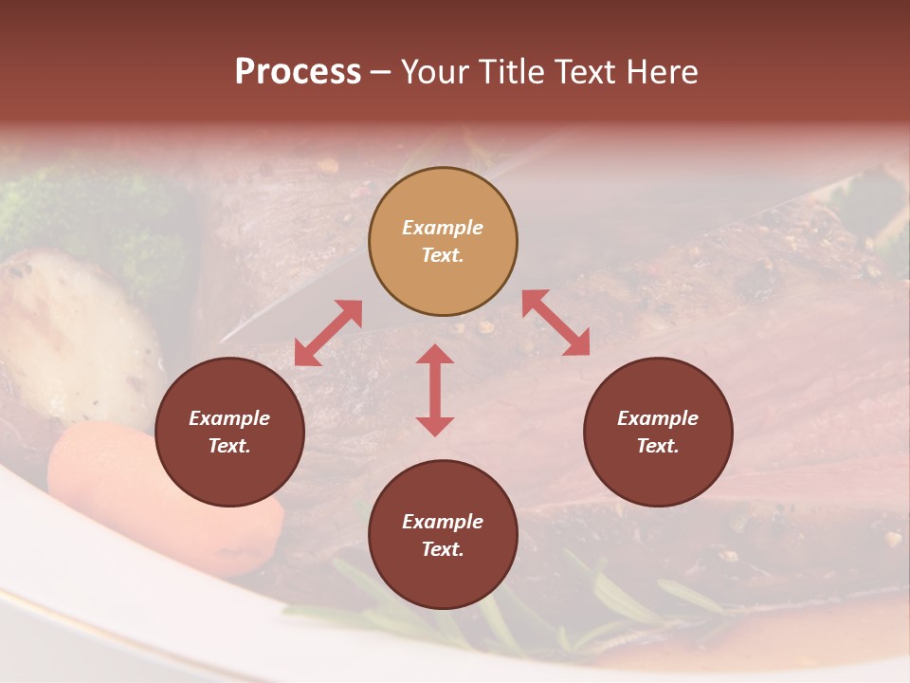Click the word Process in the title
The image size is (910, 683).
298,72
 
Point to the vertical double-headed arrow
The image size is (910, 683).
435,390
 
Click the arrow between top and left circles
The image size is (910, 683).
328,333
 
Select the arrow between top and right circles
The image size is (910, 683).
555,323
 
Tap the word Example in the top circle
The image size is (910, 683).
443,228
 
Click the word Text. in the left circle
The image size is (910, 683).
229,446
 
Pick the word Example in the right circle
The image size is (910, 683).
658,418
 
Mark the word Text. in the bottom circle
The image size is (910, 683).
443,549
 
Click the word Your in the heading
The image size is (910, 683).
433,72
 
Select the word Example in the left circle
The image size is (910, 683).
229,418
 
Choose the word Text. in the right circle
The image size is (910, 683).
658,446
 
